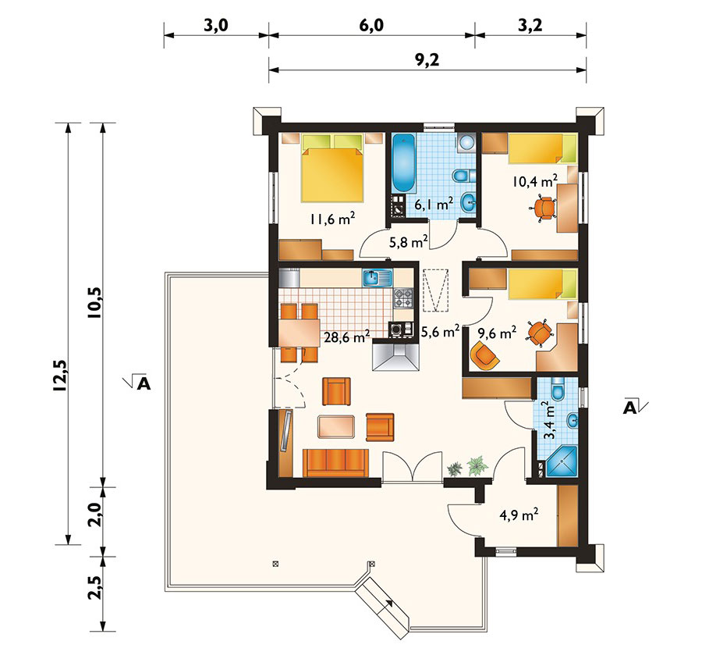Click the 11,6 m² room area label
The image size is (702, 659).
coord(332,219)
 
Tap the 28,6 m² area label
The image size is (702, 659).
coord(346,337)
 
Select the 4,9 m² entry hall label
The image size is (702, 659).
coord(519,515)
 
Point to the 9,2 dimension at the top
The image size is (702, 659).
coord(427,59)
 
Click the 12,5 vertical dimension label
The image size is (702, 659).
coord(59,376)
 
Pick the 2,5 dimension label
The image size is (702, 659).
coord(95,587)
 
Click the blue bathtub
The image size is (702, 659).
coord(404,163)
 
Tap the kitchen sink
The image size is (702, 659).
coord(377,277)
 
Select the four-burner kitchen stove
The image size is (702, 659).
coord(403,298)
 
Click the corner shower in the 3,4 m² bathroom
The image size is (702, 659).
coord(558,461)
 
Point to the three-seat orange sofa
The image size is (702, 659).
coord(335,463)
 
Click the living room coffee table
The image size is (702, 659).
coord(336,426)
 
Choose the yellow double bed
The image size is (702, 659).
coord(331,169)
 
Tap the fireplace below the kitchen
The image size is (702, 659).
coord(395,356)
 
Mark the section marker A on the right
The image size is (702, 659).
coord(634,406)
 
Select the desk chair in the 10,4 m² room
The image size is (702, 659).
coord(543,208)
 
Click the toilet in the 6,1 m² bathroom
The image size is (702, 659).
coord(464,175)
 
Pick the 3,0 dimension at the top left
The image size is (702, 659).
coord(216,26)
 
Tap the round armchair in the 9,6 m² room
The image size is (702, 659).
coord(484,355)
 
